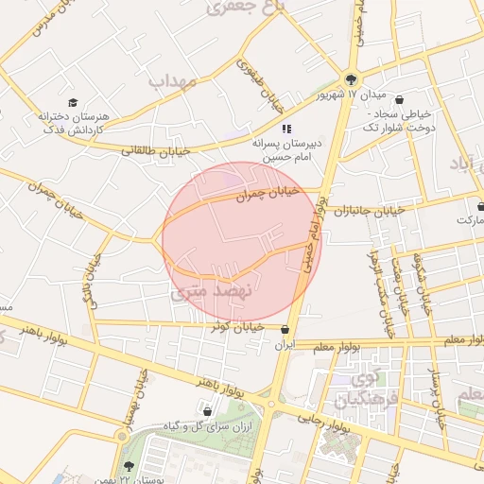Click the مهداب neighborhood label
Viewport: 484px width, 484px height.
[x=174, y=82]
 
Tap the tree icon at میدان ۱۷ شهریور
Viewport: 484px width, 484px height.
[x=352, y=79]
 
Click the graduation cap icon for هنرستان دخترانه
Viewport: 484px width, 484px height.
[x=73, y=102]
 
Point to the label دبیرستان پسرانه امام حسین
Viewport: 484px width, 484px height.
[x=286, y=147]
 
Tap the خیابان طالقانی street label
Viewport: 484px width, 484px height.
[x=156, y=149]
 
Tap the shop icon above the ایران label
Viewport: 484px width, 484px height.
[x=285, y=329]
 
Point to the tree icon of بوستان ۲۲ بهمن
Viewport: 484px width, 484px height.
[x=129, y=466]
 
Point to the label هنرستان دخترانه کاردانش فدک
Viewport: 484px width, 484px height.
[x=73, y=122]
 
